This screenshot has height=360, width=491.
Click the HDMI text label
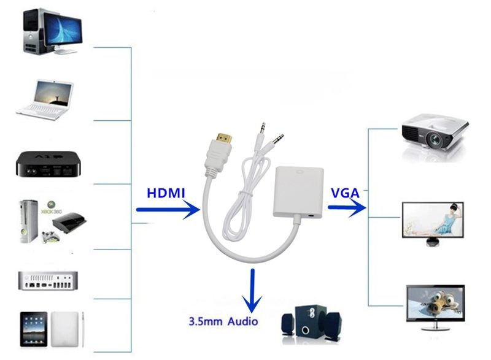(x=166, y=193)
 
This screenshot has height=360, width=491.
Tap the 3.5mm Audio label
(x=223, y=321)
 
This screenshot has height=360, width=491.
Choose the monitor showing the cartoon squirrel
(x=435, y=304)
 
